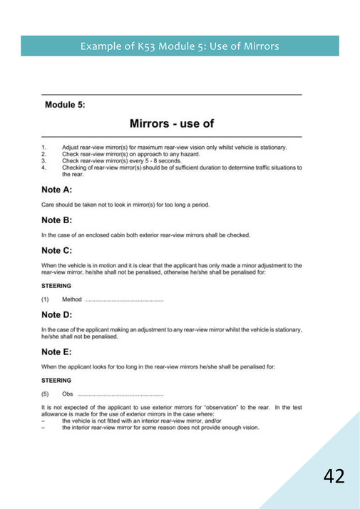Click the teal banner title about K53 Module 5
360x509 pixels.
(180, 46)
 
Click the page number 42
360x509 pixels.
(334, 475)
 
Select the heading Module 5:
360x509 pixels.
(65, 105)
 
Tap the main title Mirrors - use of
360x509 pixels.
(172, 123)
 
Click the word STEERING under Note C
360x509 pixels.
(56, 286)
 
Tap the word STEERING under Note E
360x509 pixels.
(56, 380)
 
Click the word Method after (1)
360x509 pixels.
(72, 299)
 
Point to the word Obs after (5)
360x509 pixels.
(68, 394)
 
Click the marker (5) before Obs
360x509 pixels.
(46, 394)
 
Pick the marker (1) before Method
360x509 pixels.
(46, 299)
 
